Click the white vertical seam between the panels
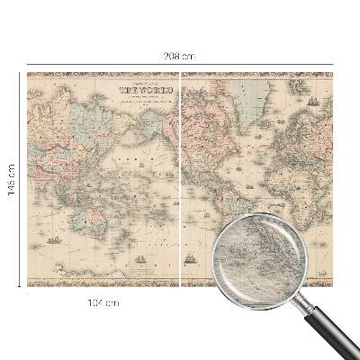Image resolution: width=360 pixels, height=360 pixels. coord(181,180)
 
